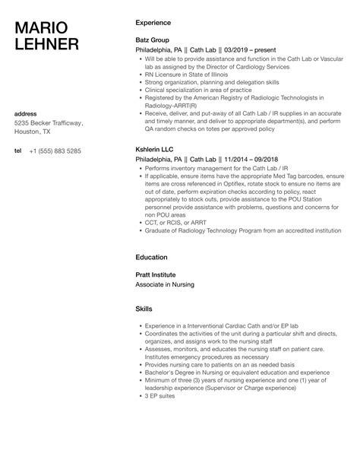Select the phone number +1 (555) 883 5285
[x=56, y=151]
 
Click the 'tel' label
[x=18, y=151]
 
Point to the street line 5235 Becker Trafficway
[x=49, y=123]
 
